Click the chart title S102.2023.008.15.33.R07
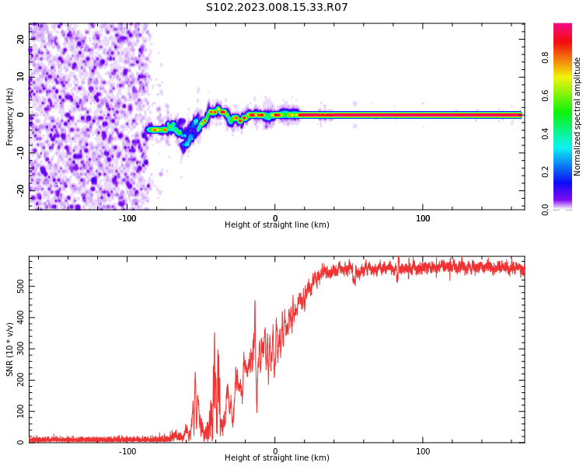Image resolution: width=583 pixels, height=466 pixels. pos(277,8)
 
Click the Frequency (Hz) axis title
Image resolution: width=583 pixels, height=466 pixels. pos(10,116)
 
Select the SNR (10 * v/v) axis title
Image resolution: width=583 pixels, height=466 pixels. pos(10,349)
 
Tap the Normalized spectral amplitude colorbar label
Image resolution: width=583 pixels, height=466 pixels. pos(578,116)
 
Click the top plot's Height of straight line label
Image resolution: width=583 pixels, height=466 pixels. pos(277,225)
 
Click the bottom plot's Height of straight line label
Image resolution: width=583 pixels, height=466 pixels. pos(277,458)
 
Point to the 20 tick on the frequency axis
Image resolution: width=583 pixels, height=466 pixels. pos(21,39)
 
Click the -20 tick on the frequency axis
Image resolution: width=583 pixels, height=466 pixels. pos(21,189)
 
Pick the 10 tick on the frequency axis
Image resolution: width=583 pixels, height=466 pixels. pos(21,77)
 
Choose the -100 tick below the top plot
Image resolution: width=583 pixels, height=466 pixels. pos(127,217)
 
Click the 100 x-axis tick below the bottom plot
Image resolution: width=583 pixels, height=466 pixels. pos(423,450)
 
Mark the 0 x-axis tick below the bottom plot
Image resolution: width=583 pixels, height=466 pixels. pos(275,450)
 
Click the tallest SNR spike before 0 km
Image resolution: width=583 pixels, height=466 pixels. pos(254,301)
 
